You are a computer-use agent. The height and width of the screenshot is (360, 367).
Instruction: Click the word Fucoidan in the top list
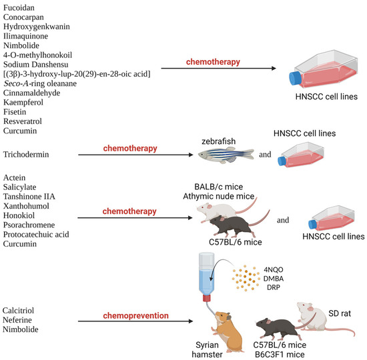(x=21, y=8)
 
